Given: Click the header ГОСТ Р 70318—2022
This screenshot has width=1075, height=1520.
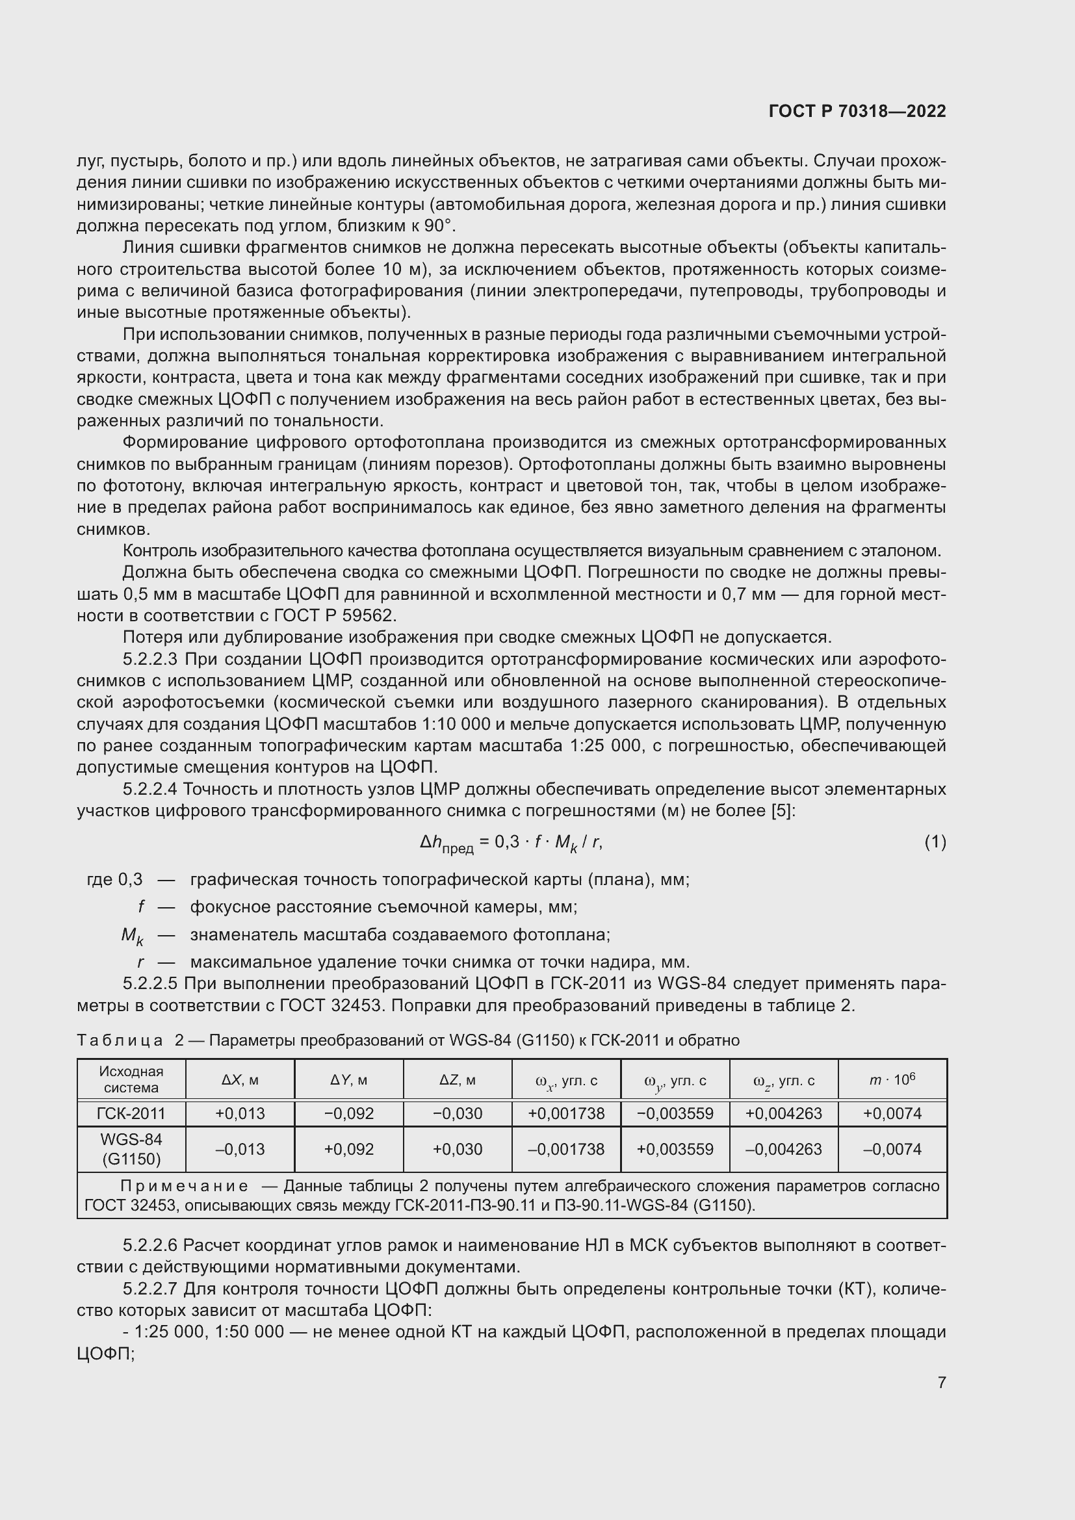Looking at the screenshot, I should point(857,111).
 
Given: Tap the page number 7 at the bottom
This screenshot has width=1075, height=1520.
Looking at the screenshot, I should point(941,1382).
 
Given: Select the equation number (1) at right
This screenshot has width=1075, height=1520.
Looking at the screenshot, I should point(935,842).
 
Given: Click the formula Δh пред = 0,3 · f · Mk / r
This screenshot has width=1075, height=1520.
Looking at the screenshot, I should point(511,843).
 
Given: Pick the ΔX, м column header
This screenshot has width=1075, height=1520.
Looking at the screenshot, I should point(240,1081).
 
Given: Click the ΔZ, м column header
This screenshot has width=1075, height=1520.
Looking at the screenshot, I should point(458,1081).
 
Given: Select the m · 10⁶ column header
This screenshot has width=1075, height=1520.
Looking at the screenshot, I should point(892,1081).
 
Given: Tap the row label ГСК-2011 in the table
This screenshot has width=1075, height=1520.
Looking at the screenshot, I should point(131,1114).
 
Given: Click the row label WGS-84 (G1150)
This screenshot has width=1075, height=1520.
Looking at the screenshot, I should point(131,1150).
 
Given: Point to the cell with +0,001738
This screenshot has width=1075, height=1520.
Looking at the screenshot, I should point(566,1114).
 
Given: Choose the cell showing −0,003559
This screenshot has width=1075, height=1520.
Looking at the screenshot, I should point(675,1114).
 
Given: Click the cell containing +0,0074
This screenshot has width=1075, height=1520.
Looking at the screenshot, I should point(892,1114).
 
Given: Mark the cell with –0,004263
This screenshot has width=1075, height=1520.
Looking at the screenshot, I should point(783,1150).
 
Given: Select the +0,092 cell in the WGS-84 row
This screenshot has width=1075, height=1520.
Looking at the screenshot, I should point(349,1150).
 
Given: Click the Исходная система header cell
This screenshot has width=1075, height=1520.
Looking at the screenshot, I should point(131,1080).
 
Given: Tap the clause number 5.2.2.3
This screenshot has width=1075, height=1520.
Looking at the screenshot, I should point(151,660).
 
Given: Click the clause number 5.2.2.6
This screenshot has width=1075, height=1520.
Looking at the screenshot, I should point(149,1246).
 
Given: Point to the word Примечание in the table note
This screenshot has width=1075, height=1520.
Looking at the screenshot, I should point(185,1187).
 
